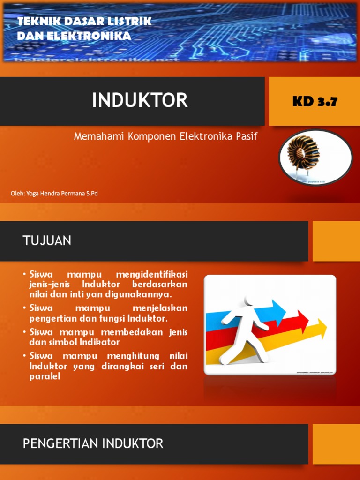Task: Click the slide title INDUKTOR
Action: tap(140, 100)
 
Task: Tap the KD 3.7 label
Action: tap(315, 102)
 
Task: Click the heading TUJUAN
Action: tap(47, 241)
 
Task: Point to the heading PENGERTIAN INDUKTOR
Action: tap(93, 443)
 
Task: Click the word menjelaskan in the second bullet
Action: tap(160, 308)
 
